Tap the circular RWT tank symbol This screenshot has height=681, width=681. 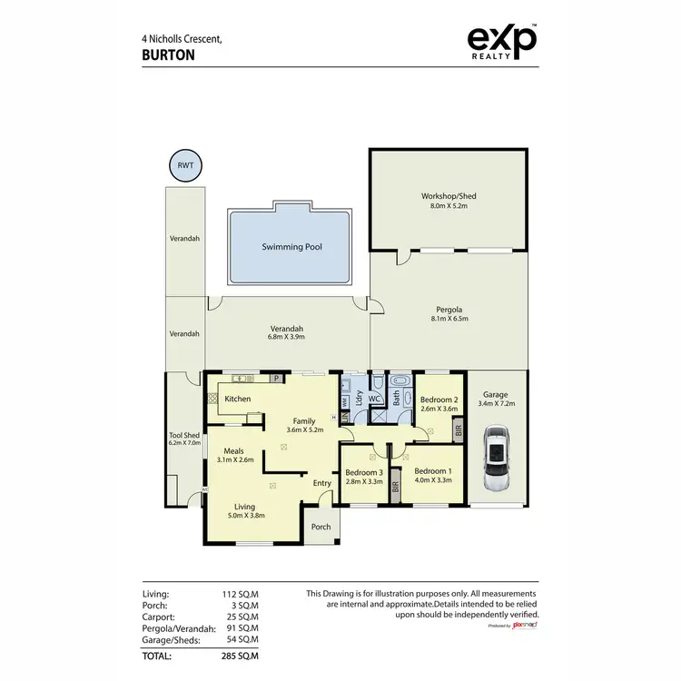(x=185, y=165)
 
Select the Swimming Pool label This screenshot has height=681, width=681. (x=291, y=246)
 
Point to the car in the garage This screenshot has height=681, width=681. (x=497, y=459)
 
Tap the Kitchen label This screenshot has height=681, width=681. (x=238, y=399)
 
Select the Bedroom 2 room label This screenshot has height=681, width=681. (x=438, y=405)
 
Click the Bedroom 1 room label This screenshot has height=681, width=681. (x=432, y=476)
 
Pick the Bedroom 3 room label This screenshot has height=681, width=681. (x=363, y=476)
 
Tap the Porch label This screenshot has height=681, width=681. (x=321, y=527)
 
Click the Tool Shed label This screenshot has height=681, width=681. (x=183, y=439)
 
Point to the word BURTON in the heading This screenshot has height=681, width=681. (x=168, y=54)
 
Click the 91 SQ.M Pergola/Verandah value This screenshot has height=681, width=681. (x=241, y=627)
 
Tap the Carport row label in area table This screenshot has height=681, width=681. (x=159, y=617)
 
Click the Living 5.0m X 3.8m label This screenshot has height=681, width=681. (x=244, y=511)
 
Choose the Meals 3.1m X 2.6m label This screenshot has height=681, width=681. (x=234, y=455)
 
